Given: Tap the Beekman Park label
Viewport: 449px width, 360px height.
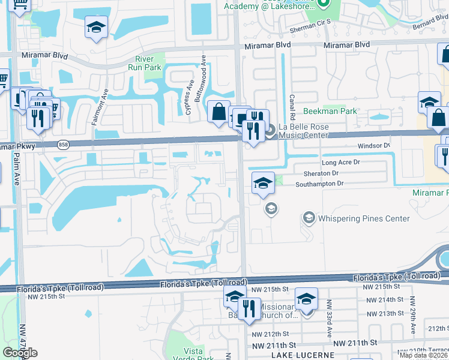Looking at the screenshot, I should coord(330,111).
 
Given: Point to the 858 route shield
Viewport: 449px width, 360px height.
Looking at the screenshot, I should coord(64,145).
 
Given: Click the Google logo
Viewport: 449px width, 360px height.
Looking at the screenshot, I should coord(20,353).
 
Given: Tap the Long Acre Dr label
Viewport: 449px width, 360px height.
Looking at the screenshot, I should coord(340,163).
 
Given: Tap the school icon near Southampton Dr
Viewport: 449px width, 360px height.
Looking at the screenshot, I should coord(262,183).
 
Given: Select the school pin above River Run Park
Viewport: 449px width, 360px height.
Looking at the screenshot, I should coord(96,28).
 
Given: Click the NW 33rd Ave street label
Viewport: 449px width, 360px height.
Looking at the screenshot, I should coord(329,328).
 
